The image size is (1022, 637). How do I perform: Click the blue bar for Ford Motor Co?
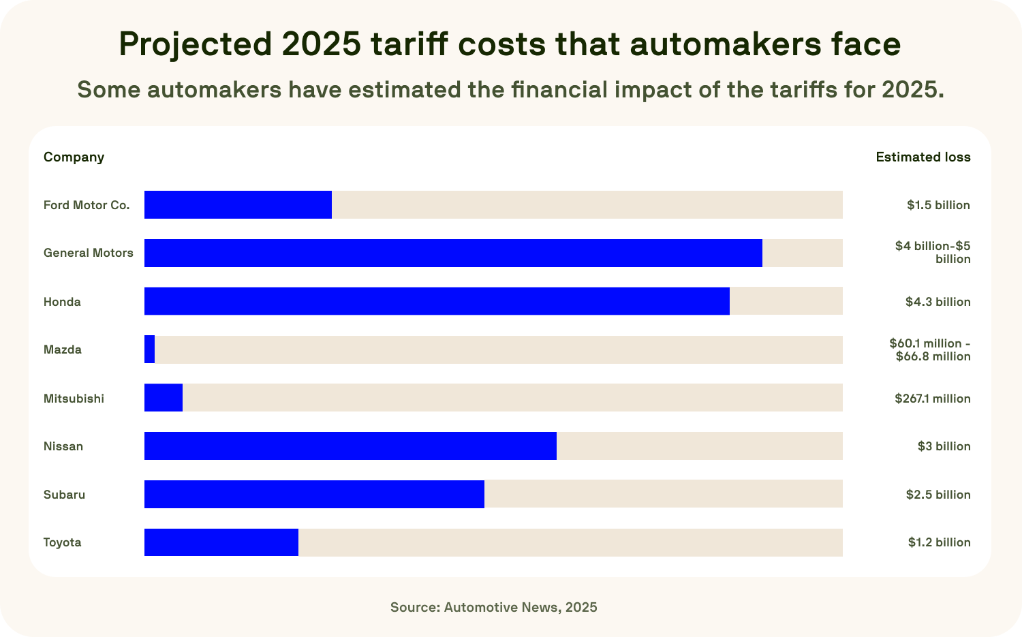coord(238,205)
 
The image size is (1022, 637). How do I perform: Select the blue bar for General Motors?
coord(453,253)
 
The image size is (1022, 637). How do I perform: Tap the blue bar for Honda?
coord(437,301)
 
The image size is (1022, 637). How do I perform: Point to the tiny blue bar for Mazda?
coord(150,349)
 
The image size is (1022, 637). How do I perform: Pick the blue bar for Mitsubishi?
coord(164,398)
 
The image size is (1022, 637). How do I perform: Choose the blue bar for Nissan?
coord(350,446)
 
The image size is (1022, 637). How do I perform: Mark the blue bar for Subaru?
coord(314,494)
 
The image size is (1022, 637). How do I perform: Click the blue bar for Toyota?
coord(221,542)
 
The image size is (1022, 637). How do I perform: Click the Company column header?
coord(74,157)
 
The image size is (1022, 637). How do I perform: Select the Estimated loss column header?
coord(923,157)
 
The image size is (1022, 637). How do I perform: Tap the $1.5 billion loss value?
coord(938,205)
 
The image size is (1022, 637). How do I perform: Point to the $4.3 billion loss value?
coord(938,302)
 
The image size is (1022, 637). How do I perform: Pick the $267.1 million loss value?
coord(933,399)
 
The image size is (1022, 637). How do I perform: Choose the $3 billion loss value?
coord(944,446)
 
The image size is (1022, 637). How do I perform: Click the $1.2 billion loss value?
coord(939,542)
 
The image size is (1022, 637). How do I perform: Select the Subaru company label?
coord(65,495)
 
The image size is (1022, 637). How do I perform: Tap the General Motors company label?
coord(89,253)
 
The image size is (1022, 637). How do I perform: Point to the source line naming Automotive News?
coord(494,607)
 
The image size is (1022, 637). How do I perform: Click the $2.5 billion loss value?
coord(938,495)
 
